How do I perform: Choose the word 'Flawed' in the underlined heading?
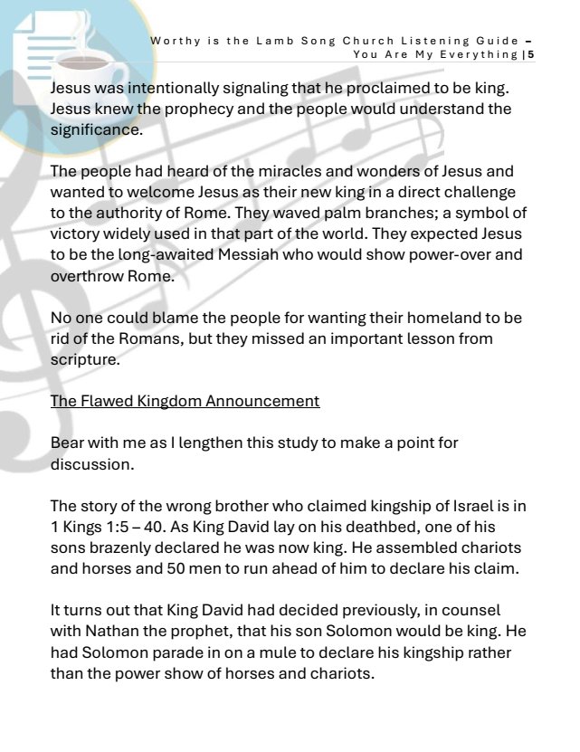tap(107, 400)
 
